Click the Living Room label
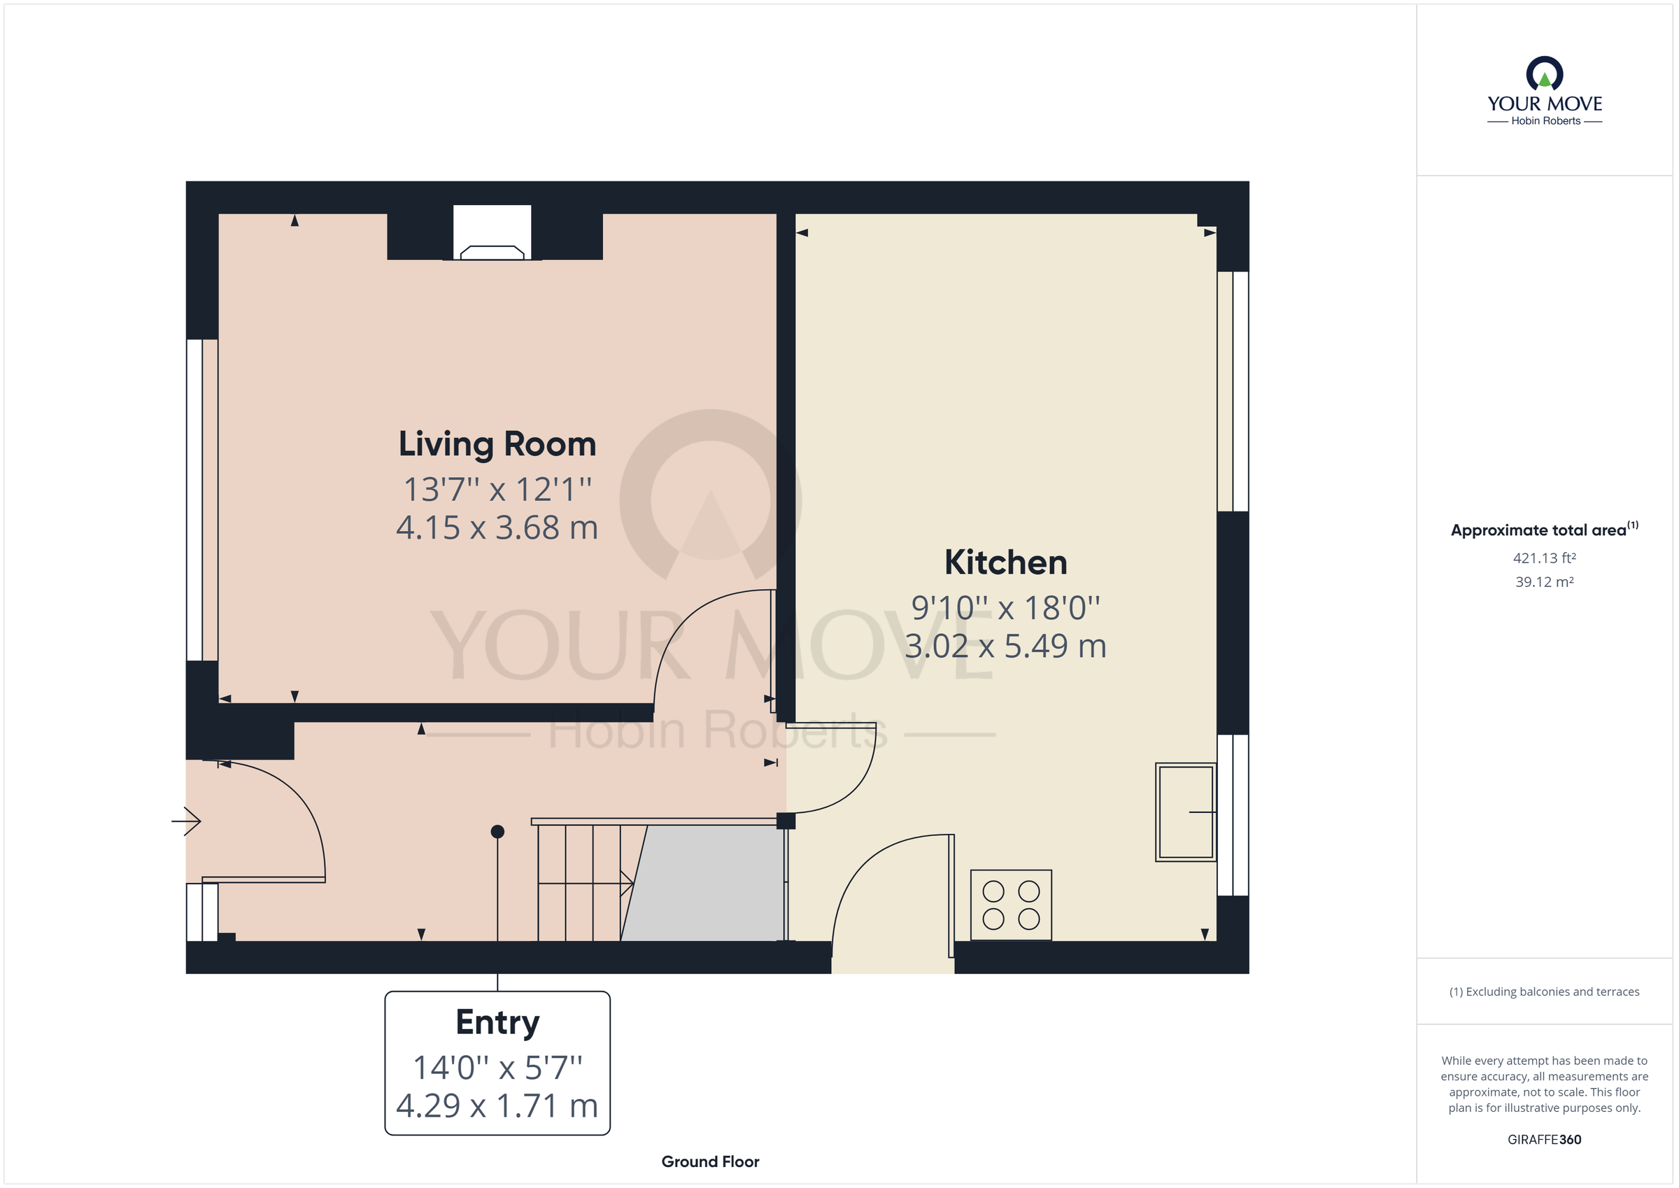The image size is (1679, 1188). [x=497, y=445]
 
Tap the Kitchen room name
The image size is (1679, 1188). [x=1005, y=563]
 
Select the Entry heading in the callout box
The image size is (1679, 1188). [x=497, y=1022]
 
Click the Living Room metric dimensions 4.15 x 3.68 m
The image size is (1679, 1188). [x=497, y=528]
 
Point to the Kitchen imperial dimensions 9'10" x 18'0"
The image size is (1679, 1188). [x=1005, y=608]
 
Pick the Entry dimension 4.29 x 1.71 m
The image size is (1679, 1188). [x=497, y=1106]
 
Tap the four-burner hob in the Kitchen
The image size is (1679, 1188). [x=1011, y=905]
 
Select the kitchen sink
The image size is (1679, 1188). [x=1185, y=812]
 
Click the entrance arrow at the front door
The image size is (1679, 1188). [x=187, y=821]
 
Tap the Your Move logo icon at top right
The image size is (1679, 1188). [x=1544, y=74]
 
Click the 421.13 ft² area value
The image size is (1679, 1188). [x=1544, y=558]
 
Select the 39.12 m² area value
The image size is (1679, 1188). [x=1544, y=582]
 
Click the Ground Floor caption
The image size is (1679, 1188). [x=710, y=1161]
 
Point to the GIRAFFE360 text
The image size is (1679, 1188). [x=1544, y=1140]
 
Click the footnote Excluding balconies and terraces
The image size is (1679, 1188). [x=1544, y=992]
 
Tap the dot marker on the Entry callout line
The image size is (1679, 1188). [x=497, y=831]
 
